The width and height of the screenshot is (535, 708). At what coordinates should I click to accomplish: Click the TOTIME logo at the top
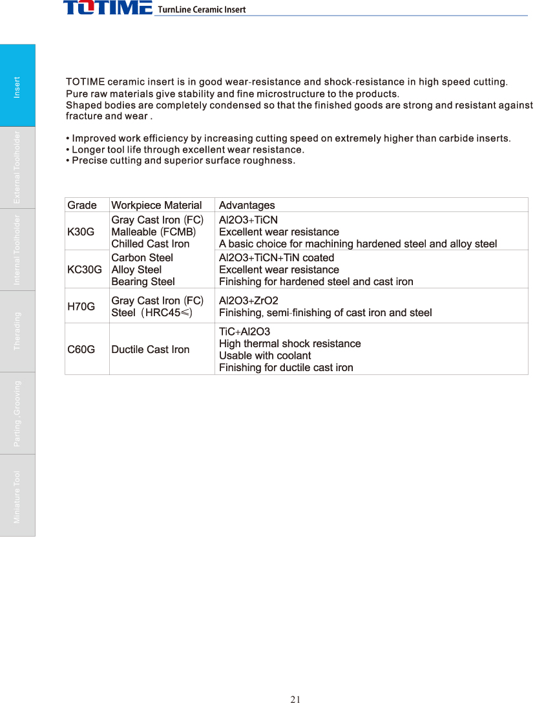point(107,8)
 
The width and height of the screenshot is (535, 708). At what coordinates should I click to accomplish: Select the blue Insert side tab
point(17,85)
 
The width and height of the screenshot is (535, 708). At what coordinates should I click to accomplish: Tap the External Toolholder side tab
point(17,167)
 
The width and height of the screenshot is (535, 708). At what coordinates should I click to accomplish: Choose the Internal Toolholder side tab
point(17,250)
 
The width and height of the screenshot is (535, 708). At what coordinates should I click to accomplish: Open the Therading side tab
point(17,331)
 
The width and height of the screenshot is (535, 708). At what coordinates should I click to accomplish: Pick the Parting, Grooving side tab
point(17,413)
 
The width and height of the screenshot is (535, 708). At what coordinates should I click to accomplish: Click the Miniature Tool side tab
point(17,495)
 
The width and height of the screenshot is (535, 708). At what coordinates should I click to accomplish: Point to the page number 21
point(296,699)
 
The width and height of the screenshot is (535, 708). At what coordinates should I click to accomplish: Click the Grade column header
point(82,205)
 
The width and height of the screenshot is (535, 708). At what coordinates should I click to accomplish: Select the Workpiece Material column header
point(156,205)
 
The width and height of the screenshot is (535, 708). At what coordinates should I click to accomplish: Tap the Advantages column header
point(247,205)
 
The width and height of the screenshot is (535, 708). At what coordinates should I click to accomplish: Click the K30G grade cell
point(81,231)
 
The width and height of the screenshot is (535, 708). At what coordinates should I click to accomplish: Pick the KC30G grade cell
point(84,269)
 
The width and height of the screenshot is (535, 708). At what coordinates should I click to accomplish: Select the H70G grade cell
point(81,306)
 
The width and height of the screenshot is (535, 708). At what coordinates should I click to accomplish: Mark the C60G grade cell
point(81,349)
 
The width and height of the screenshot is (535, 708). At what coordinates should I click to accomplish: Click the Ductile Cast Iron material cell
point(151,349)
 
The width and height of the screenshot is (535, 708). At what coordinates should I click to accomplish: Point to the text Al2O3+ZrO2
point(249,301)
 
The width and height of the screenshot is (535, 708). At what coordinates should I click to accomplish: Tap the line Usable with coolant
point(265,356)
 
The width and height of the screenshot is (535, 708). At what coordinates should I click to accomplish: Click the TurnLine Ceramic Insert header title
point(202,10)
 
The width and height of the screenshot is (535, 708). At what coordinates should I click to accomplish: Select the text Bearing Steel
point(143,281)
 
